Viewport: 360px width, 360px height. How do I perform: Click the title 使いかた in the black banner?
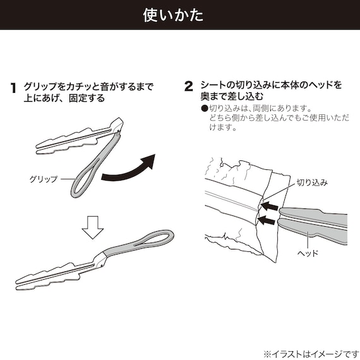[x=180, y=15]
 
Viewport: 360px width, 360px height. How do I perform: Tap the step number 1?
[x=13, y=87]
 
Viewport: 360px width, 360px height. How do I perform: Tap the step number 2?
[x=188, y=87]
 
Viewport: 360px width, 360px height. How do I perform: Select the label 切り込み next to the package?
[x=312, y=183]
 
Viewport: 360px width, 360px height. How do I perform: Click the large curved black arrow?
[x=130, y=167]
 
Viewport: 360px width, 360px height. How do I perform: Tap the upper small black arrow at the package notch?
[x=270, y=206]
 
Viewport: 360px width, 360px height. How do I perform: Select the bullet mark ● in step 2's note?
[x=204, y=109]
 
